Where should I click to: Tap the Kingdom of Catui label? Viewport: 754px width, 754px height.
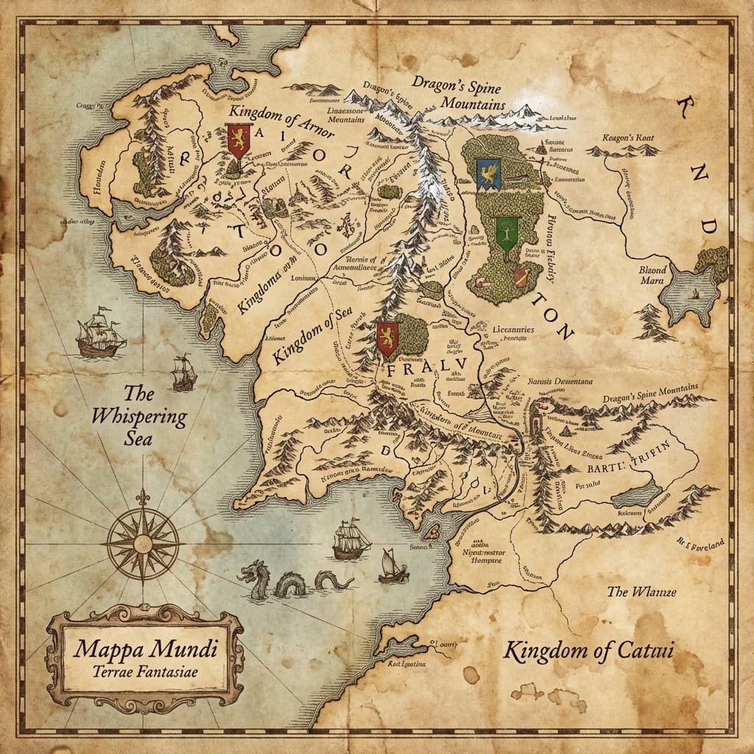coord(588,650)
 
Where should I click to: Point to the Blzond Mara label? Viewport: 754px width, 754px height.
coord(652,275)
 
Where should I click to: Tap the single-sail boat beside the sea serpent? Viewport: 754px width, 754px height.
coord(392,566)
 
